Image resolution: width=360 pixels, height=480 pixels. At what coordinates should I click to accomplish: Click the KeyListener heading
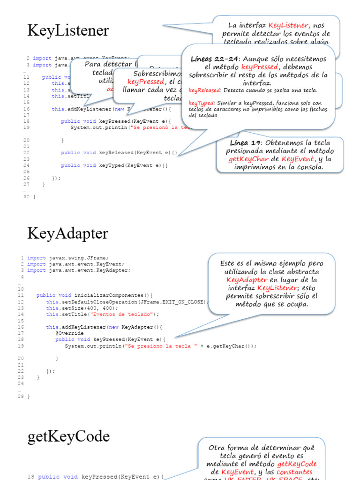68,31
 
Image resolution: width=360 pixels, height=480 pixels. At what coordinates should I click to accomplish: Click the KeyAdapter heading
67,233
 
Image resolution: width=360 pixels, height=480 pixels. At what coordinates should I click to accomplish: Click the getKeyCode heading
68,437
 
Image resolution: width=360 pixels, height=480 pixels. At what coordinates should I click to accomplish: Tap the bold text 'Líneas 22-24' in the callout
215,59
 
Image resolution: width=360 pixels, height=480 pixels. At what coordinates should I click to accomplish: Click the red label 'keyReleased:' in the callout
205,90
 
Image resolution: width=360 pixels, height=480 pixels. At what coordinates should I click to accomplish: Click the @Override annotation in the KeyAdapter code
69,333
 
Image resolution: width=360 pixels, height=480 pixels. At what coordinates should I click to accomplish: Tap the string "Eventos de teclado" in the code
132,314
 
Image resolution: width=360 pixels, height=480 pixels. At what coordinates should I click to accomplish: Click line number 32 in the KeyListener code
26,197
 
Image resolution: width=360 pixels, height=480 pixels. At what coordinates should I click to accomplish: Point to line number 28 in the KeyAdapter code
21,397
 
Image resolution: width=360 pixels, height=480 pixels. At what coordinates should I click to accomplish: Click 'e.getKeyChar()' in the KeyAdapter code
232,346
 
